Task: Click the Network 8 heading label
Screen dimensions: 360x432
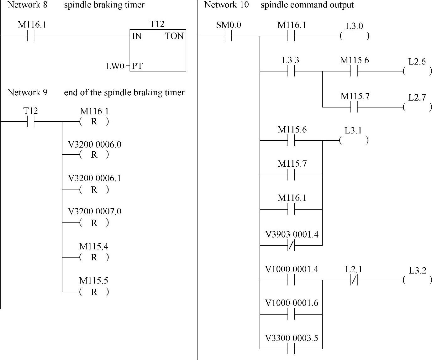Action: [28, 5]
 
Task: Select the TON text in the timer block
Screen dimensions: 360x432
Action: [174, 36]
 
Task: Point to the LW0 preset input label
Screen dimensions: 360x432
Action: [115, 66]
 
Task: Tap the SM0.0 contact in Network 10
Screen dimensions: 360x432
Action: [228, 36]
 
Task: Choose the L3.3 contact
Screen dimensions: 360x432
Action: [291, 71]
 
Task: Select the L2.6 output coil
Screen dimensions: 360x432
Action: [417, 71]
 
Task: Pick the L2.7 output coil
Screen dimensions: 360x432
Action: [417, 107]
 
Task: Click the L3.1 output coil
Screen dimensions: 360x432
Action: [354, 141]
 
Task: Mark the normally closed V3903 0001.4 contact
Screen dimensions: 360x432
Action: [291, 245]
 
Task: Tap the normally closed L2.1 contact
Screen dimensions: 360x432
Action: [354, 280]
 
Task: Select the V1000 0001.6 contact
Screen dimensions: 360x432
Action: [291, 314]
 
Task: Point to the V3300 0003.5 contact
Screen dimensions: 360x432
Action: [291, 349]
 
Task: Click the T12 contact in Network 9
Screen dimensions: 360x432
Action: [31, 122]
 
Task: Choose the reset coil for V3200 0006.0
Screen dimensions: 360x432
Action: [94, 155]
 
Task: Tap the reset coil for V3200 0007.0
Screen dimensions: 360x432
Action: [94, 223]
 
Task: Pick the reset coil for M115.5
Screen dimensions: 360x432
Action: [94, 292]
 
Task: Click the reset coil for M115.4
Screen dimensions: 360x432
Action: [94, 257]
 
